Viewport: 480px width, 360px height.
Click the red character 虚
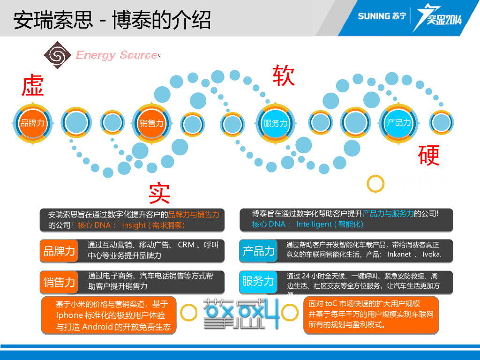(33, 85)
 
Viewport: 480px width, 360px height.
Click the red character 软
(284, 75)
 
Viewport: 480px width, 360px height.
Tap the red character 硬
(429, 156)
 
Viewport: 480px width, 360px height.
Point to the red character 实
(159, 194)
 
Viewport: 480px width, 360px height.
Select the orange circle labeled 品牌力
(32, 123)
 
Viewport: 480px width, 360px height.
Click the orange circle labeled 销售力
(151, 123)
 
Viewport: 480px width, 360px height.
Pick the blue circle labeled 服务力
(275, 123)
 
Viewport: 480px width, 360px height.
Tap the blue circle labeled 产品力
(398, 123)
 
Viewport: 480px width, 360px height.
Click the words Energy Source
(116, 55)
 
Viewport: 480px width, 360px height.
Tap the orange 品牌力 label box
(59, 251)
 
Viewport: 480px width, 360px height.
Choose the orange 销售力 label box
(59, 282)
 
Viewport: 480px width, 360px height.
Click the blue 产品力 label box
(258, 251)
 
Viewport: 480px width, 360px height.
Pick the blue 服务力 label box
(258, 282)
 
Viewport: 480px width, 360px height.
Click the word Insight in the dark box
(134, 225)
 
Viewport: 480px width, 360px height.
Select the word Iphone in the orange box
(69, 315)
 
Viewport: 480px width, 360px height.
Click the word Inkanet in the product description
(399, 255)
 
